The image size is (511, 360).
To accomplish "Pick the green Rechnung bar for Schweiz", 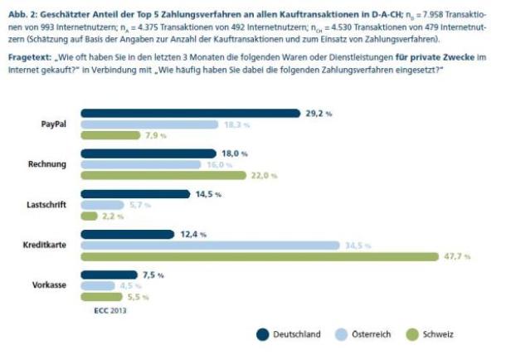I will point(163,176).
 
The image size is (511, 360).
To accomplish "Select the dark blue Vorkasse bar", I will point(108,275).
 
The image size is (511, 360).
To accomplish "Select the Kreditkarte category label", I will point(46,246).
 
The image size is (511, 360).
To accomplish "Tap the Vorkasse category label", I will point(50,285).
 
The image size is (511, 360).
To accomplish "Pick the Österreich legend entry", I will point(369,335).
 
